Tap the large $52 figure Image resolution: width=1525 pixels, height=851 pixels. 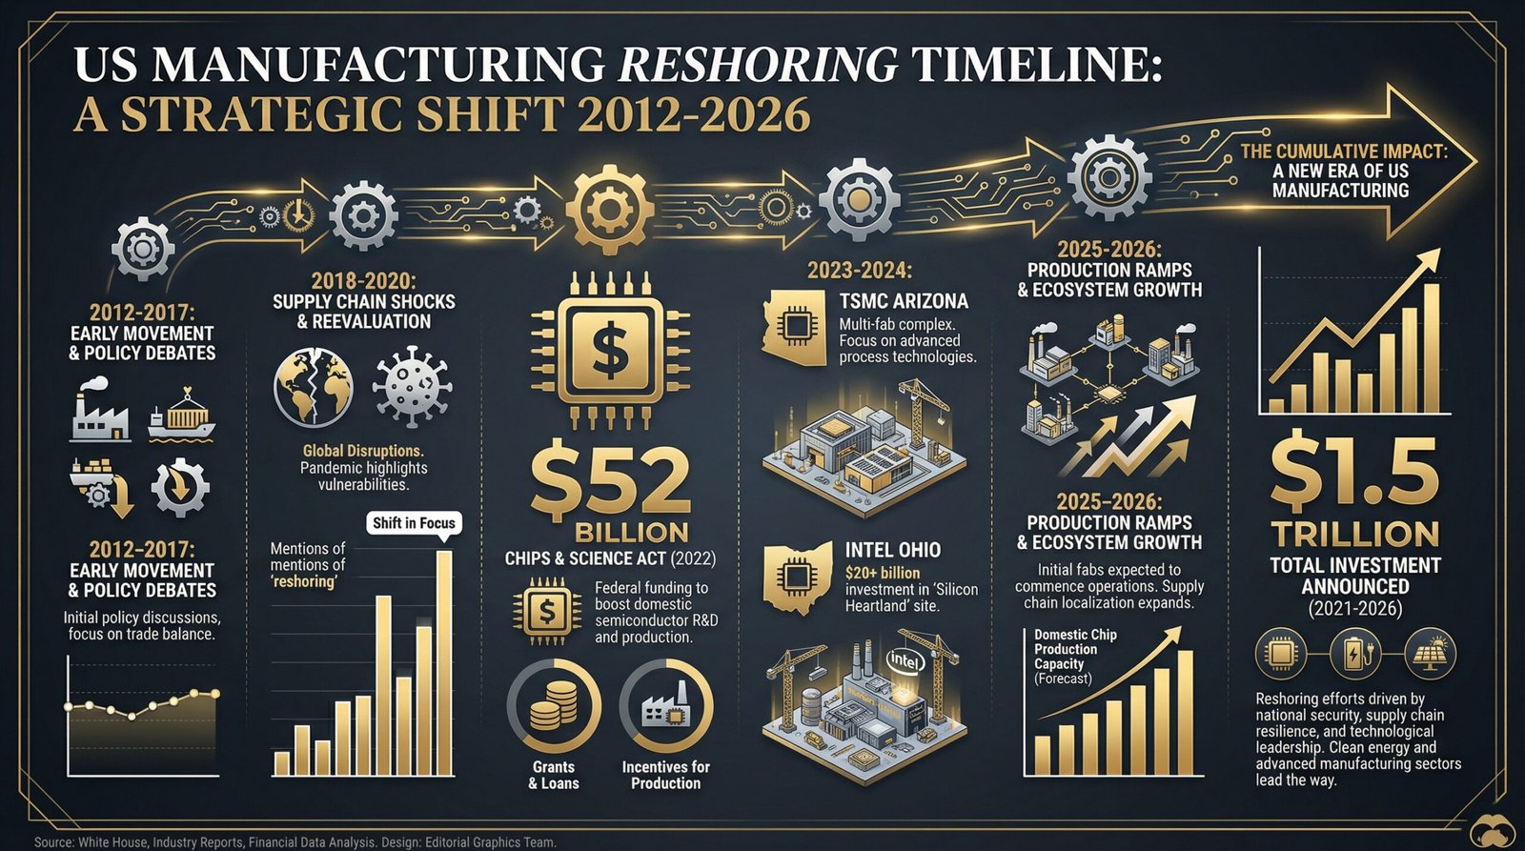tap(609, 480)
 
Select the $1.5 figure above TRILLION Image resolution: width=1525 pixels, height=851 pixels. tap(1354, 473)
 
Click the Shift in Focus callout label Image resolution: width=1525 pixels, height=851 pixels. tap(415, 522)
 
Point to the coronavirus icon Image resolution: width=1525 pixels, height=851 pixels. tap(412, 388)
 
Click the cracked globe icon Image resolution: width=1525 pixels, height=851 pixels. tap(313, 388)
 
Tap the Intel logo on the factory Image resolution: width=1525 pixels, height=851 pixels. tap(905, 659)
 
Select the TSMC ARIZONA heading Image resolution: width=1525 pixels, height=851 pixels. tap(903, 301)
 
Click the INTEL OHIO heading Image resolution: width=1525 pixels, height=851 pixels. tap(892, 550)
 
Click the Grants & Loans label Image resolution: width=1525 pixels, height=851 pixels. tap(554, 775)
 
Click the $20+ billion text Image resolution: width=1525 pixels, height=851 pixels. tap(883, 573)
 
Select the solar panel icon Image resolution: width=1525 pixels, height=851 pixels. tap(1431, 653)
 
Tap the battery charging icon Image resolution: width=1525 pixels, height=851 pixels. tap(1356, 653)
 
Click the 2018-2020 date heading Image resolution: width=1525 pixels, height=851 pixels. tap(363, 281)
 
